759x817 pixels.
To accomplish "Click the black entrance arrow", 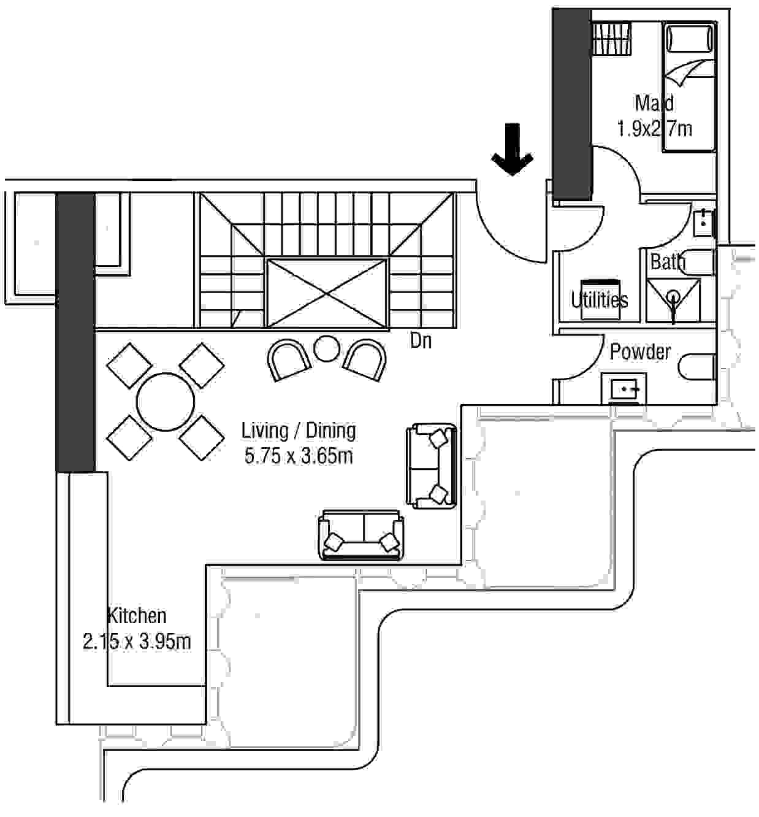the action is coord(512,150).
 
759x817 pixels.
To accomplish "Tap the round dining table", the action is coord(166,402).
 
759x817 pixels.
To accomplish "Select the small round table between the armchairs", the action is coord(327,349).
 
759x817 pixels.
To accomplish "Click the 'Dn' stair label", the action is coord(421,340).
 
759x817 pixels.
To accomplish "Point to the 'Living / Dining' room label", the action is coord(299,431).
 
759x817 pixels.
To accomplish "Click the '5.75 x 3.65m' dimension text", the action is coord(299,456).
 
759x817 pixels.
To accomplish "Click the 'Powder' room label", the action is coord(640,351).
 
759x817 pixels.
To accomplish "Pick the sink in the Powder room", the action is coord(624,388).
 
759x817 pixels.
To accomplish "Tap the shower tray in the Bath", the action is coord(673,300).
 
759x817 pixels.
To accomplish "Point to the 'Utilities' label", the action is coord(600,300).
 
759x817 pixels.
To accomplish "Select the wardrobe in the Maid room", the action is coord(612,39).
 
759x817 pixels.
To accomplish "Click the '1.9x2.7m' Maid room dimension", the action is coord(655,129).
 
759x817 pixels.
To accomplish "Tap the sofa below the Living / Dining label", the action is coord(360,535).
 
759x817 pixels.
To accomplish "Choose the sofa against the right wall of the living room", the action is coord(432,466).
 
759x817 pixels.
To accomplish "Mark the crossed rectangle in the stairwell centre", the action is coord(327,293).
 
